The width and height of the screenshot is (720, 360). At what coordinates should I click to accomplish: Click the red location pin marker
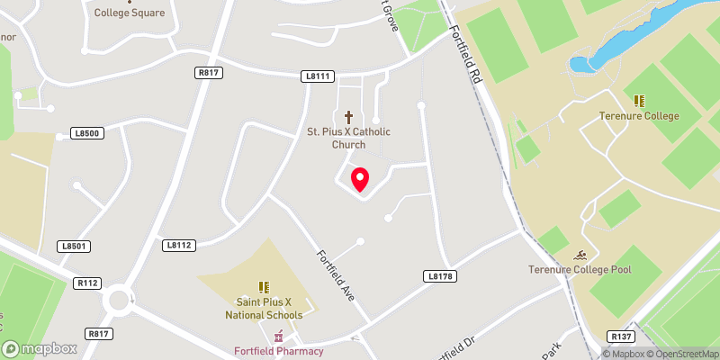(x=359, y=179)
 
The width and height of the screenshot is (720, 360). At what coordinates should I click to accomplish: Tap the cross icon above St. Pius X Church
(x=349, y=117)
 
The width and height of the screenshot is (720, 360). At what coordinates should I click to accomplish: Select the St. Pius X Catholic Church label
(x=349, y=138)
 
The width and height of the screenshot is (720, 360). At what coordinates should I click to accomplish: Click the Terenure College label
(x=639, y=116)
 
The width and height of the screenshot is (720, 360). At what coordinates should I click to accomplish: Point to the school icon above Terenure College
(x=639, y=101)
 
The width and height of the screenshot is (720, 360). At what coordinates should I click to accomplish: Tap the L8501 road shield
(x=76, y=246)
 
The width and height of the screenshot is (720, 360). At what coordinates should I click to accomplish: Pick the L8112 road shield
(x=179, y=245)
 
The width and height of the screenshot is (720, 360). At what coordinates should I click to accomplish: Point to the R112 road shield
(x=87, y=283)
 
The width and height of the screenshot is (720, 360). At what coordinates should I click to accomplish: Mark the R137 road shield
(x=621, y=337)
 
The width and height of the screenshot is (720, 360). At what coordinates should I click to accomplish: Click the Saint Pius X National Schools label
(x=264, y=309)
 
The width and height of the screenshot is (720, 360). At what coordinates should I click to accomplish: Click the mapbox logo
(x=40, y=348)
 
